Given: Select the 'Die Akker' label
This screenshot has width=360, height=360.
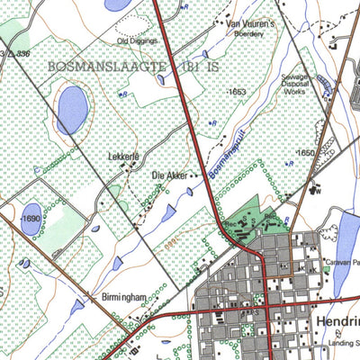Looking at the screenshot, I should [x=169, y=175].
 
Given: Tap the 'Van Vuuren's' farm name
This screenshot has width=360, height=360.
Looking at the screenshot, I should [x=249, y=23].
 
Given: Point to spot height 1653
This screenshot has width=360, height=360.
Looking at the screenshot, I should [x=237, y=92].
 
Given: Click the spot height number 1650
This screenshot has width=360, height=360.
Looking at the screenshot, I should [x=307, y=154].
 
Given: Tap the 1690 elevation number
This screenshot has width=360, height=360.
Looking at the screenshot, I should [x=30, y=218].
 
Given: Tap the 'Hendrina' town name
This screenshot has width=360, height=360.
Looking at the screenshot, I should [x=337, y=321].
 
